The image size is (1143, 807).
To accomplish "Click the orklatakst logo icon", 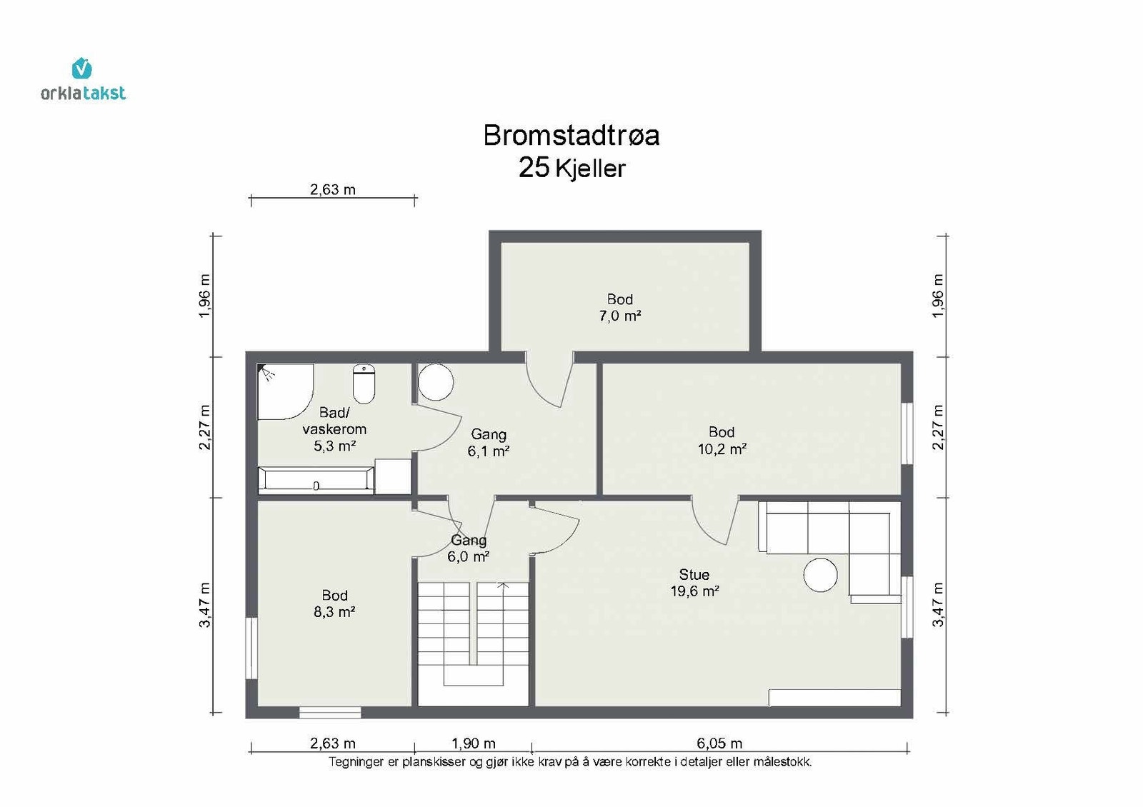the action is (81, 69).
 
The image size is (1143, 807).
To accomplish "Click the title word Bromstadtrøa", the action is (571, 136).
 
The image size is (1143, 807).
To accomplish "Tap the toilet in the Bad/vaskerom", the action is (364, 384).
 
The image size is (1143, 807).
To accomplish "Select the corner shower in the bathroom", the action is (285, 391).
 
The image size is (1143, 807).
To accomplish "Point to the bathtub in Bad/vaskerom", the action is (316, 480).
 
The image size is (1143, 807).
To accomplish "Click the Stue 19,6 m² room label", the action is (694, 583).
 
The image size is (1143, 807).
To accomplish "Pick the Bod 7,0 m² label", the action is (619, 307).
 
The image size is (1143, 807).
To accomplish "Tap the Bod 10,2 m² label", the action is (722, 440).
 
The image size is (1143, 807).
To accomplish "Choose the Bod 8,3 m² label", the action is (334, 603).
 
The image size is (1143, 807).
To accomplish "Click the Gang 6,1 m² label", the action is (489, 442).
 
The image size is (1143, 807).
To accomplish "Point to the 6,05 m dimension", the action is (719, 743).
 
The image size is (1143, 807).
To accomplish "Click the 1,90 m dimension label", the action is (473, 743).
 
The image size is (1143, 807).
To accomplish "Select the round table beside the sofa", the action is (821, 575).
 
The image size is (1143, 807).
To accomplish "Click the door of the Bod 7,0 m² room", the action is (550, 380).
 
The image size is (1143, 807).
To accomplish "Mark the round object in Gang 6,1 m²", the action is (436, 381).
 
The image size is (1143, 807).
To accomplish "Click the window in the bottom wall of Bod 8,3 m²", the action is (329, 713).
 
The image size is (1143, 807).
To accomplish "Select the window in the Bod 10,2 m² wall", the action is (907, 433).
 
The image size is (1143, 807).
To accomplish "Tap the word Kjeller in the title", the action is (590, 169).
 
